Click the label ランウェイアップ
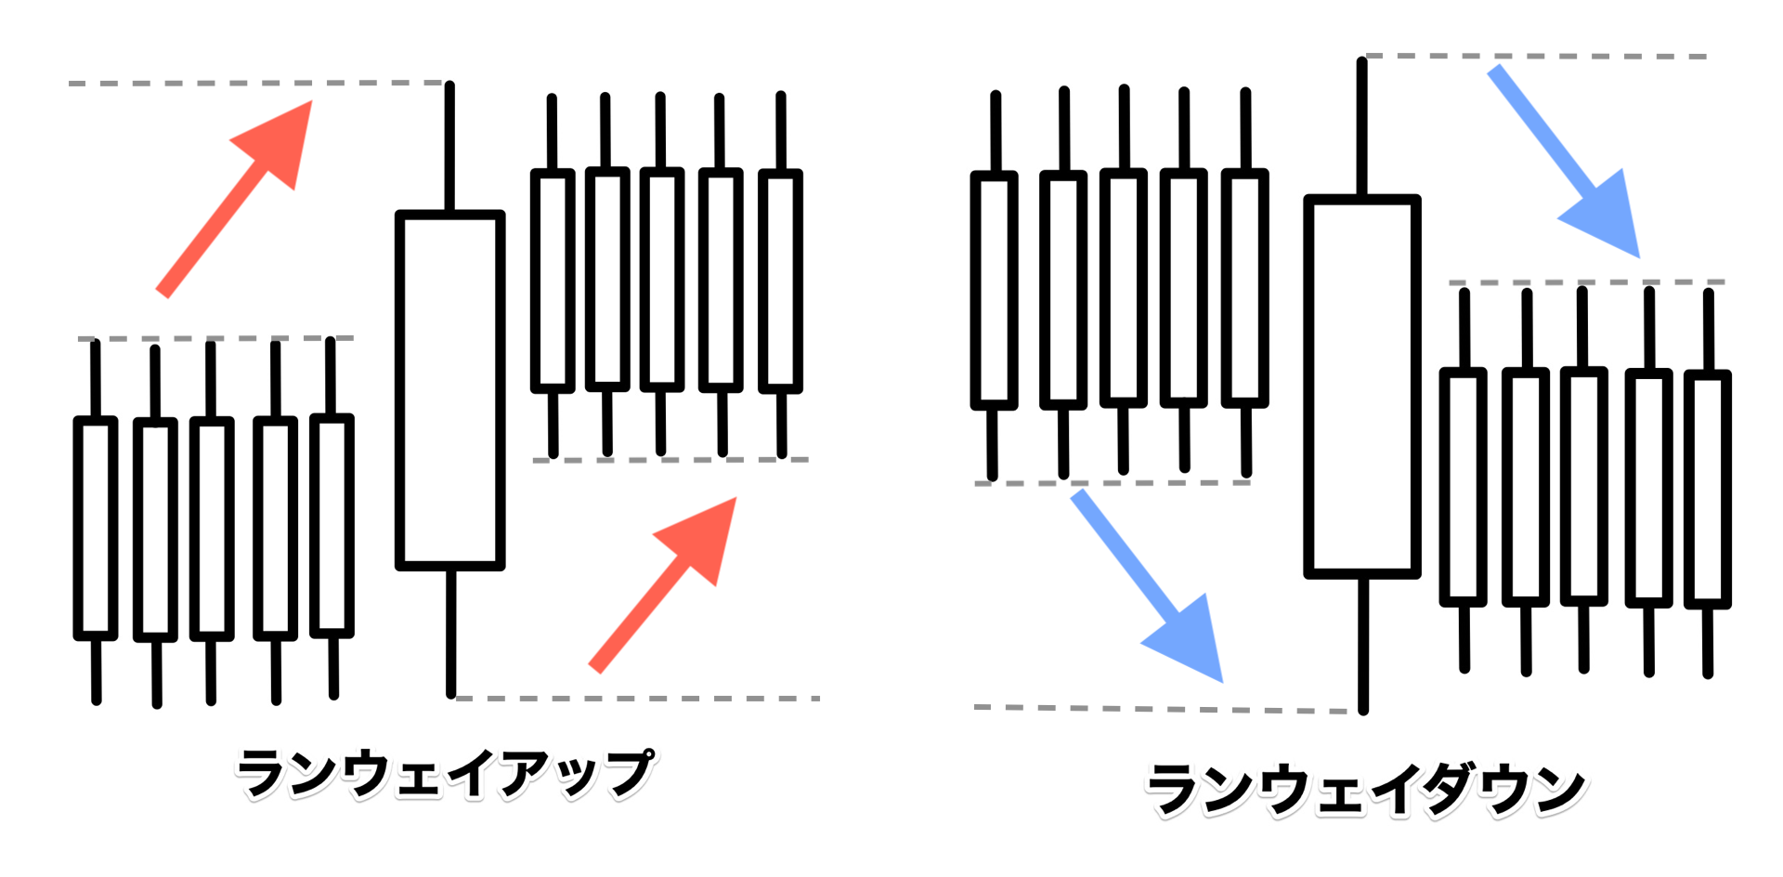[446, 774]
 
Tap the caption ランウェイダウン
[1367, 790]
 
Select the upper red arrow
[234, 199]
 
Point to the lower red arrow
[663, 585]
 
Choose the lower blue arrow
[1148, 586]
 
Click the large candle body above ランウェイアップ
[450, 390]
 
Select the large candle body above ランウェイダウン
[1362, 386]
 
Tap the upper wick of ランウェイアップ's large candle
[449, 147]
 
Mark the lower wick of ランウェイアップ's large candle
[451, 633]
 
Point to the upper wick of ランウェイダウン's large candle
[1362, 126]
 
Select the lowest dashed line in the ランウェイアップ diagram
[637, 698]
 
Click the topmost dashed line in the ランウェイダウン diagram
[1537, 57]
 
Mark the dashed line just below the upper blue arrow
[1587, 281]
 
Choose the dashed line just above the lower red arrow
[670, 460]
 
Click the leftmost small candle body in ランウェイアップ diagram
[96, 528]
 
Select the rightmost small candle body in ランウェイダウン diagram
[1708, 489]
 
